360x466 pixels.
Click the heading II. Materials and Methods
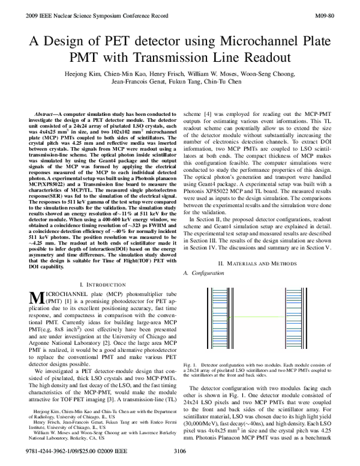tap(256, 280)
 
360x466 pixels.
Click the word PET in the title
tap(112, 40)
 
